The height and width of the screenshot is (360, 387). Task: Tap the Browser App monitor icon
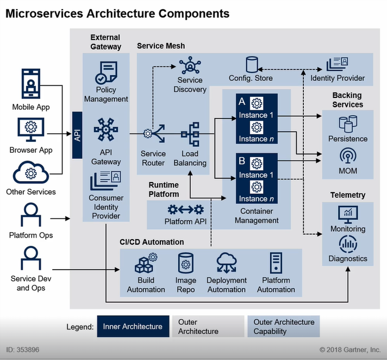coord(30,129)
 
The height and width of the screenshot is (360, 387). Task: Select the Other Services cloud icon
coord(30,172)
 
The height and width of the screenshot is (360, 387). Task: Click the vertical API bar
coord(77,135)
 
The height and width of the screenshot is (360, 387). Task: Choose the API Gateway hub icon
coord(106,129)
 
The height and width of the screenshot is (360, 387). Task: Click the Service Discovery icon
coord(190,66)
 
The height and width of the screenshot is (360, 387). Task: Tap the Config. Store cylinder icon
coord(251,65)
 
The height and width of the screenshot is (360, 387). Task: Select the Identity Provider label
coord(338,78)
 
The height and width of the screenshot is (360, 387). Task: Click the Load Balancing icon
coord(190,134)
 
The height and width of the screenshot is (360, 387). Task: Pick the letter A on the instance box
coord(241,101)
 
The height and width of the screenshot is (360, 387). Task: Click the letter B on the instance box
coord(241,162)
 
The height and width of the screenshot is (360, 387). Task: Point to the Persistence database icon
coord(348,123)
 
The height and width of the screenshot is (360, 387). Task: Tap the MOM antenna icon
coord(348,156)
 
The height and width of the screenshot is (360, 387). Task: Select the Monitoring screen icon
coord(348,214)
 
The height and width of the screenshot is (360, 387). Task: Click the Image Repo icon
coord(186,263)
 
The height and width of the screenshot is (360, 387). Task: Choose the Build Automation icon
coord(146,263)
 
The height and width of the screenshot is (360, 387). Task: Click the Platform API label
coord(185,222)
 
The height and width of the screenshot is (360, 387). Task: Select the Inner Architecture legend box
coord(133,326)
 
